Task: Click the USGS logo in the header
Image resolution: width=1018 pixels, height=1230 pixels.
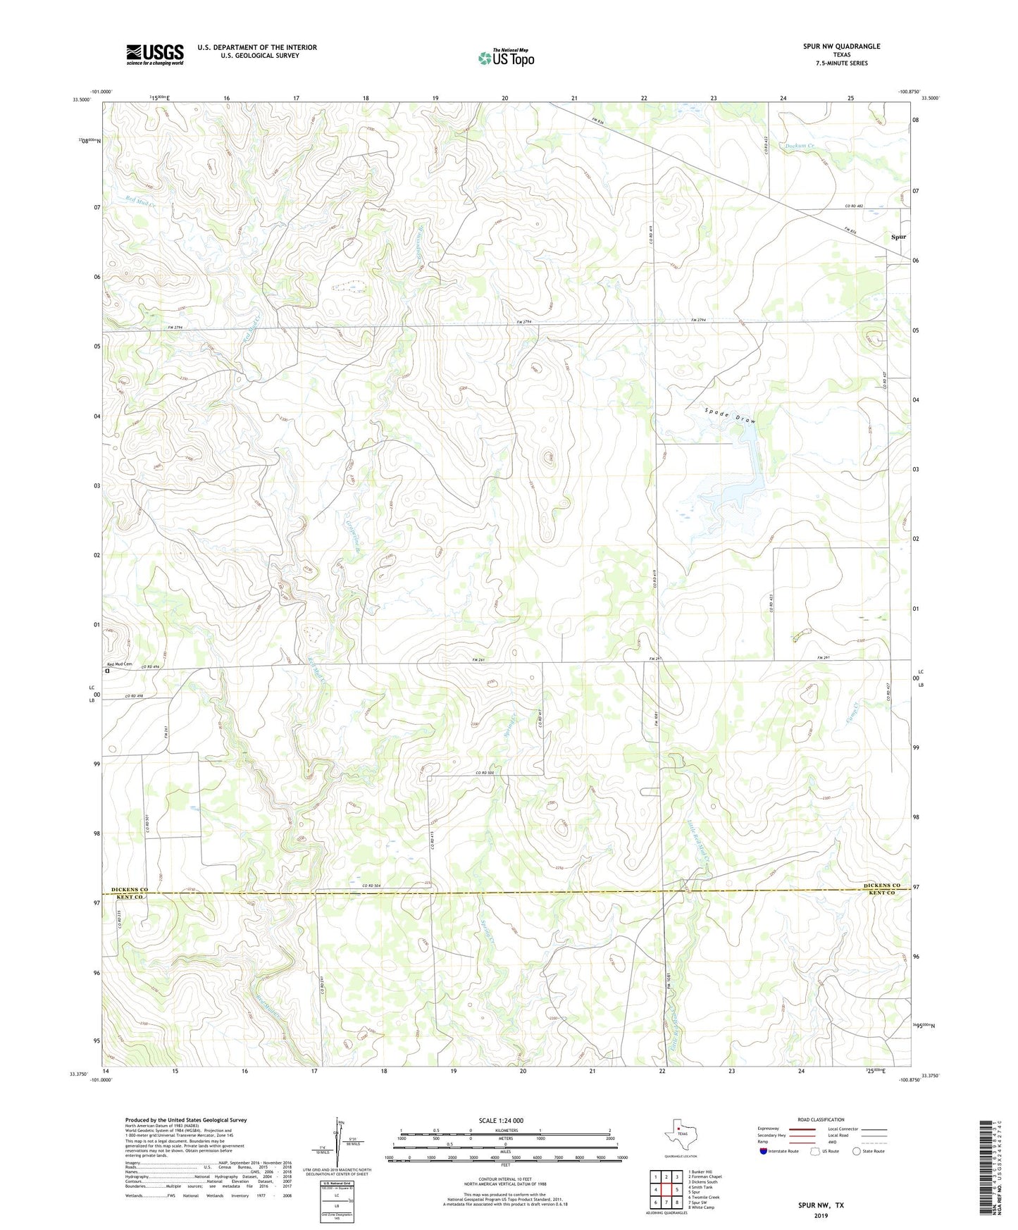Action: [x=155, y=54]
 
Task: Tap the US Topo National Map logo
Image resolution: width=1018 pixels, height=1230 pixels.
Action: [x=506, y=57]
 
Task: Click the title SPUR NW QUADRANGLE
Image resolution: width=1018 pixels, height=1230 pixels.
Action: [x=841, y=46]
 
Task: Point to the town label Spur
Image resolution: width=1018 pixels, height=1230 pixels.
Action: [x=898, y=237]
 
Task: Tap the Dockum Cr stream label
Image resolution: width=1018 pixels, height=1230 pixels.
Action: [x=800, y=146]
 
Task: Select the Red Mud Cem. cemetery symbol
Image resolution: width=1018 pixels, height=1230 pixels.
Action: [x=107, y=671]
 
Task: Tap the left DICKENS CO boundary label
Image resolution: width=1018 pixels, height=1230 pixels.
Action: [x=130, y=890]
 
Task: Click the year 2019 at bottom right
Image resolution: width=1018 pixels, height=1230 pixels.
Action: [x=821, y=1215]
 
